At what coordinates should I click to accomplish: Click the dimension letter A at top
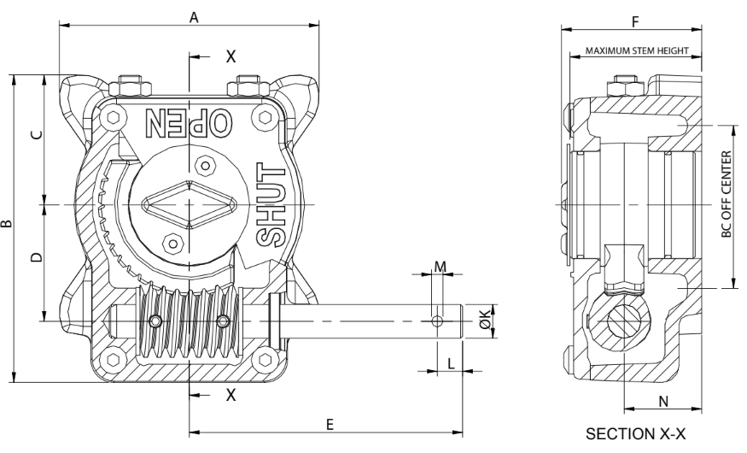194,17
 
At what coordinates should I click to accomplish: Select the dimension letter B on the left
7,225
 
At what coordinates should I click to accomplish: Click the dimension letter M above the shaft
440,266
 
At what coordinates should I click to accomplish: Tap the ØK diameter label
484,321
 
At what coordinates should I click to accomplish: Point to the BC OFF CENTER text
727,195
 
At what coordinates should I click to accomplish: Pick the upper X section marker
229,56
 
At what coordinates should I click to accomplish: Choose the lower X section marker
229,394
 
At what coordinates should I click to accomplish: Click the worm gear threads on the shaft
190,324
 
